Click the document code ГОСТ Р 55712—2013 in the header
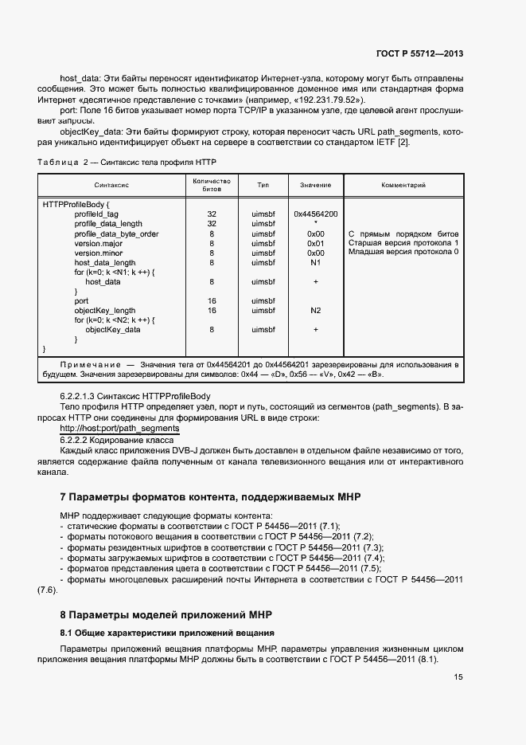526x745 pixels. pos(419,53)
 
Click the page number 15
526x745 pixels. pos(458,677)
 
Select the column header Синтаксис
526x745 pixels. pos(113,185)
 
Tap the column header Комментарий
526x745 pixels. pos(404,185)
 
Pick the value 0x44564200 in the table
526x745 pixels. pos(315,214)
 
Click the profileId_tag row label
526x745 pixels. pos(96,214)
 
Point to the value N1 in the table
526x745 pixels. pos(315,262)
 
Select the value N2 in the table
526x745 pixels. pos(315,311)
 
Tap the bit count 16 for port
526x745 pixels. pos(212,301)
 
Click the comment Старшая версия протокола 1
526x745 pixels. pos(403,243)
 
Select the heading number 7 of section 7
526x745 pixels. pos(64,497)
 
